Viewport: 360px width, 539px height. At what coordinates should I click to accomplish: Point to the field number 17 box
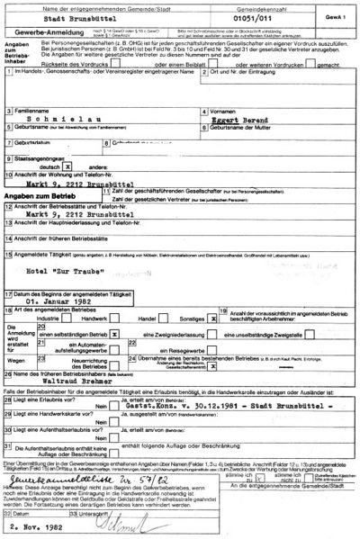8,294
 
